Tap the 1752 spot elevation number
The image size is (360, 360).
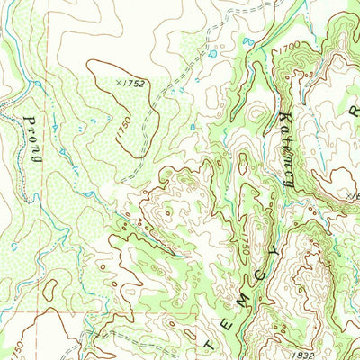(133, 83)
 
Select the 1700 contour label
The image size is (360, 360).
(288, 44)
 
